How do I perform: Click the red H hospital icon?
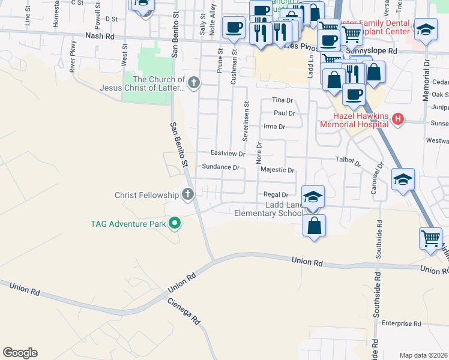pyautogui.click(x=397, y=119)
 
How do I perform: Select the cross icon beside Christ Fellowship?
pyautogui.click(x=188, y=194)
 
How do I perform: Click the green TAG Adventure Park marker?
pyautogui.click(x=175, y=224)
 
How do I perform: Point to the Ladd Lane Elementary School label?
pyautogui.click(x=268, y=209)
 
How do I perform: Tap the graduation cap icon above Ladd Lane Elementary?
pyautogui.click(x=313, y=197)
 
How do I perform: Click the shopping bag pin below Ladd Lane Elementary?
pyautogui.click(x=314, y=226)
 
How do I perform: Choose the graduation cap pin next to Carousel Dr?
pyautogui.click(x=403, y=179)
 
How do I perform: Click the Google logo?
pyautogui.click(x=20, y=353)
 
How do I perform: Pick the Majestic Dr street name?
pyautogui.click(x=277, y=170)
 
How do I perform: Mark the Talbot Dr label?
pyautogui.click(x=348, y=163)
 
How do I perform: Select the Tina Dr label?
pyautogui.click(x=282, y=100)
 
